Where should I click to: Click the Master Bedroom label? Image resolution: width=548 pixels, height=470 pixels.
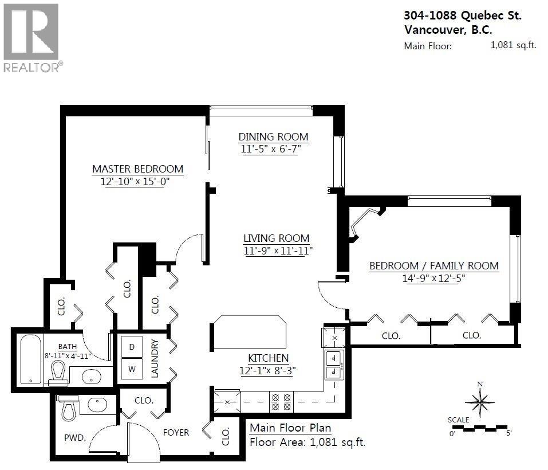tap(137, 169)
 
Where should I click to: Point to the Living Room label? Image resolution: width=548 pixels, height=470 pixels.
tap(276, 238)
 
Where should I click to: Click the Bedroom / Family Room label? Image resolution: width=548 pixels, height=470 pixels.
tap(433, 266)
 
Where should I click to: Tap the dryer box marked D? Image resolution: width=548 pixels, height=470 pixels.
tap(132, 347)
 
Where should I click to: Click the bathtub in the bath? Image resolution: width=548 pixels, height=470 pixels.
tap(28, 359)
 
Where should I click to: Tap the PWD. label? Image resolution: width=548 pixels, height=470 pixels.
tap(74, 437)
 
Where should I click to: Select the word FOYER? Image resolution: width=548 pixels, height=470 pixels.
tap(176, 432)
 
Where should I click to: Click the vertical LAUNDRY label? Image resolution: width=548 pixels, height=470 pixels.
tap(155, 358)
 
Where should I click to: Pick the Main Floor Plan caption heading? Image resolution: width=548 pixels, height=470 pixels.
tap(290, 428)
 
